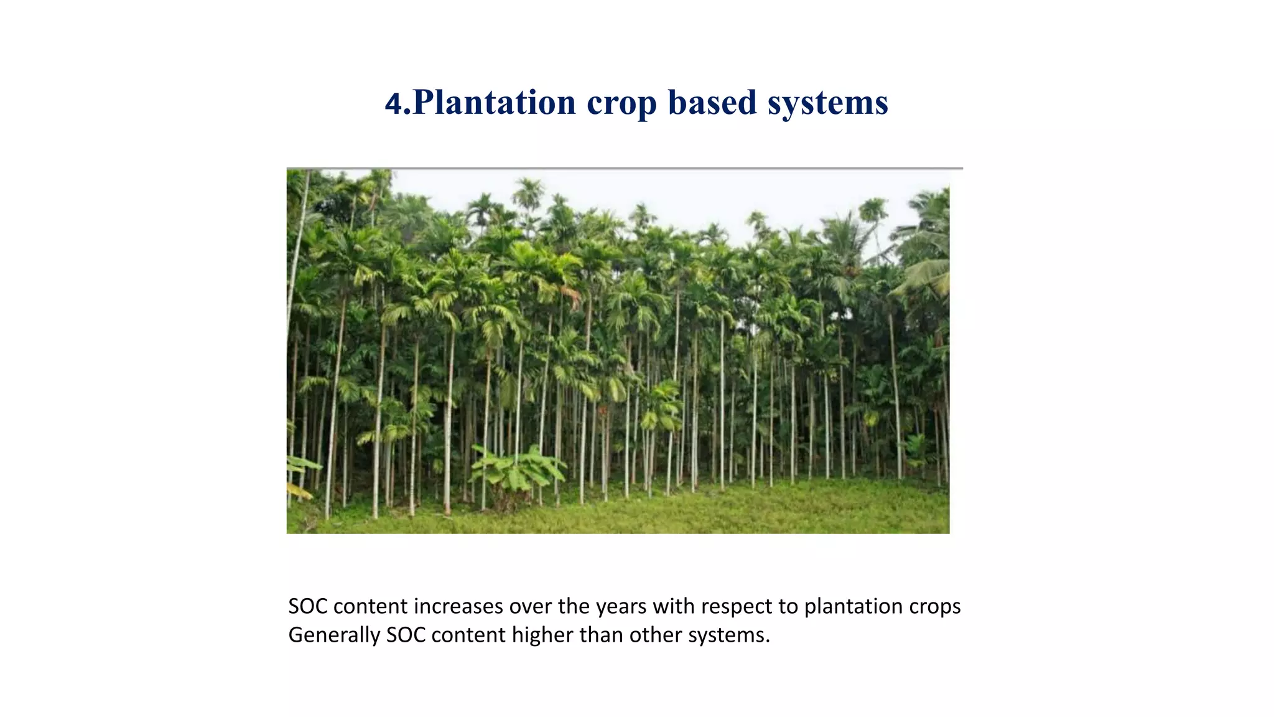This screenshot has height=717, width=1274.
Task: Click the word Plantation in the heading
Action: tap(494, 103)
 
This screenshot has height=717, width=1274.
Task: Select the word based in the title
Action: tap(712, 103)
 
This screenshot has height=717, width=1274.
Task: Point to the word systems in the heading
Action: tap(827, 104)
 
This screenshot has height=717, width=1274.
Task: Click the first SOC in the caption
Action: tap(307, 606)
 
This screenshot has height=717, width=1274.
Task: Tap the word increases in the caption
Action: tap(458, 606)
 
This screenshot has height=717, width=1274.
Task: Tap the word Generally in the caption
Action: tap(334, 635)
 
